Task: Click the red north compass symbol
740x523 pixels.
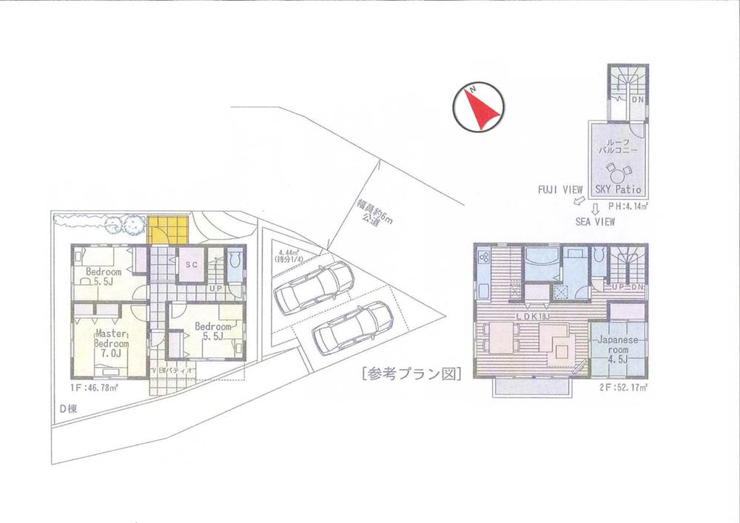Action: [x=479, y=108]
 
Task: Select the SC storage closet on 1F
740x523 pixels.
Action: [x=191, y=264]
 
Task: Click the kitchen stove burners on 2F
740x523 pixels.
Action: [x=484, y=257]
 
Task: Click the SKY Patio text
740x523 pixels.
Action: [x=617, y=190]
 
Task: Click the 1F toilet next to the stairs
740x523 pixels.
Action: [x=234, y=264]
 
